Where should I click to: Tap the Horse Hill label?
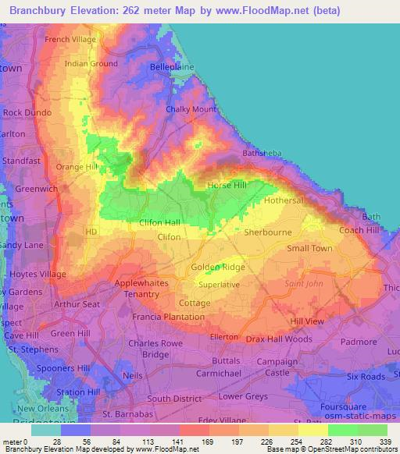click(x=227, y=186)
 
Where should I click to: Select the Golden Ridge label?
click(x=218, y=268)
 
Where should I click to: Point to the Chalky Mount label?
click(x=191, y=110)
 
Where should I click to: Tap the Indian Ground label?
click(x=91, y=64)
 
